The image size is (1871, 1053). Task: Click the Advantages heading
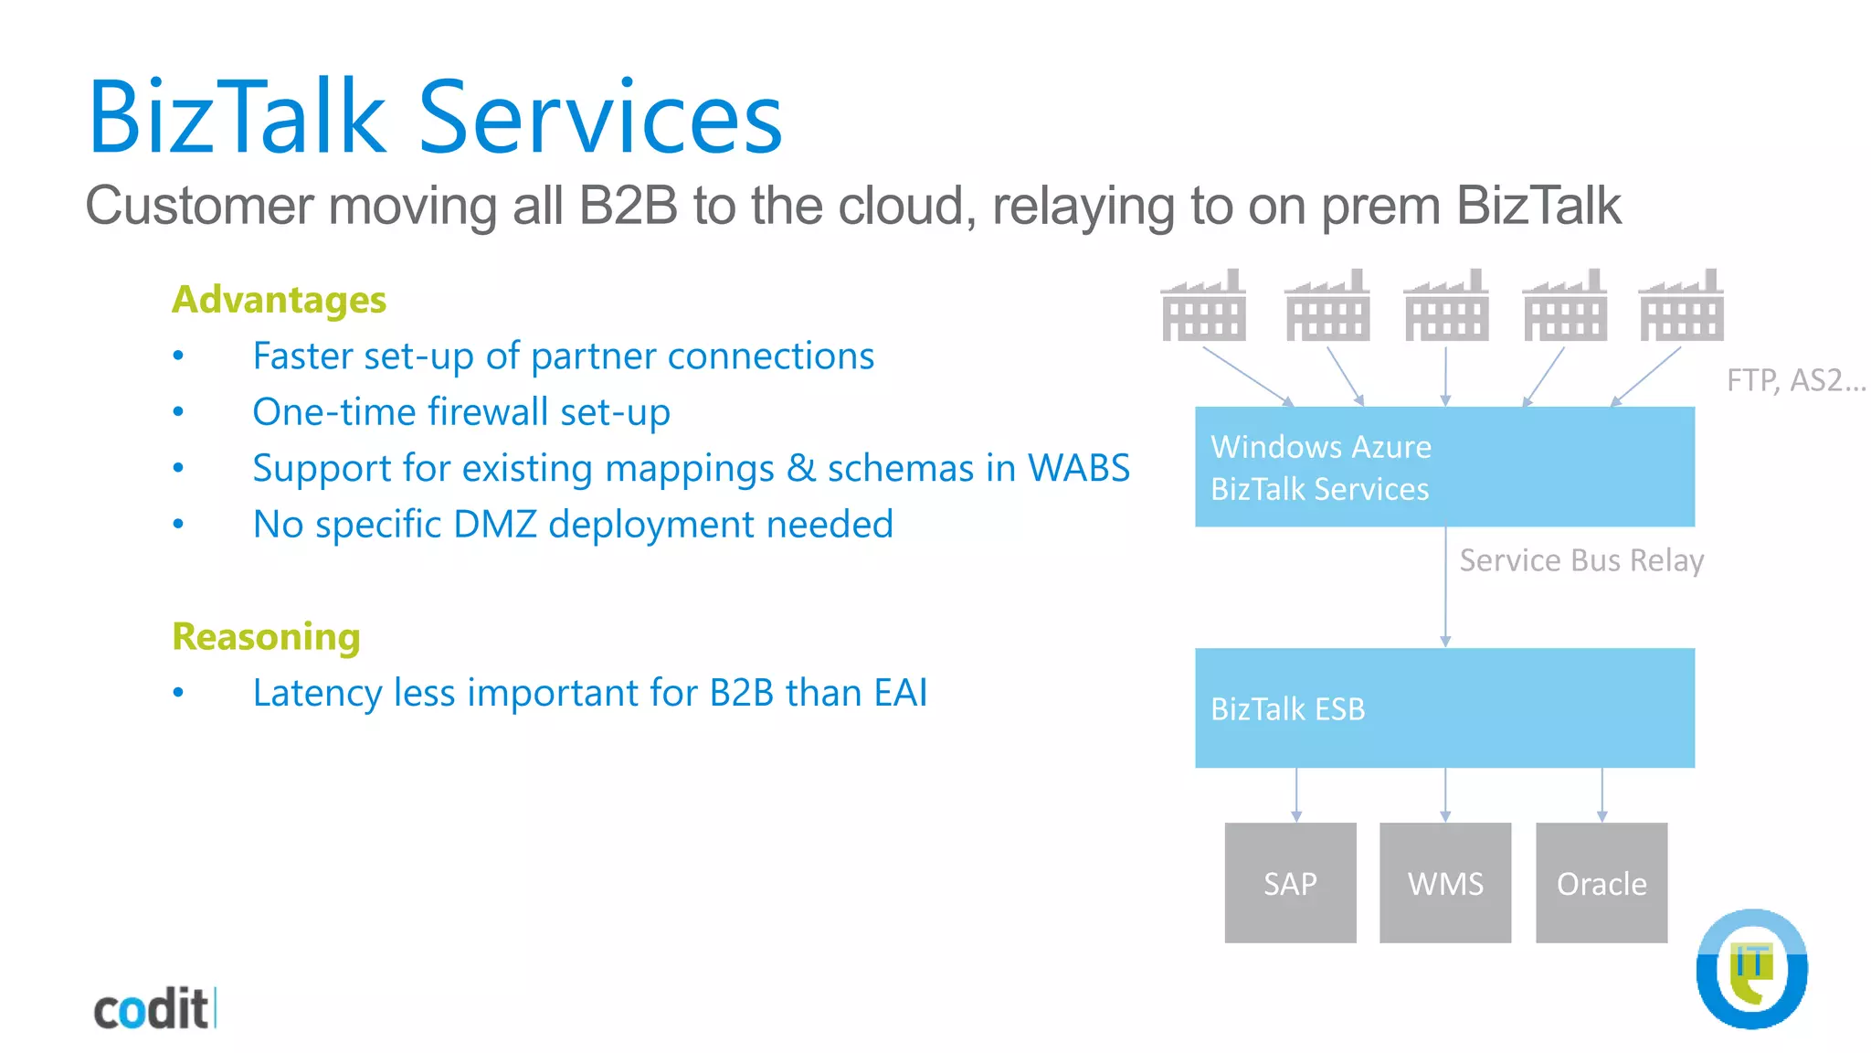click(279, 300)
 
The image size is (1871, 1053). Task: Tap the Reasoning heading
click(266, 636)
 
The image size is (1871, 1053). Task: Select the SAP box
click(1290, 882)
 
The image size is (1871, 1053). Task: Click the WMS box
click(1444, 882)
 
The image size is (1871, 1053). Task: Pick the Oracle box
click(1601, 882)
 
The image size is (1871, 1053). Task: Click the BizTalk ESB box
click(1443, 707)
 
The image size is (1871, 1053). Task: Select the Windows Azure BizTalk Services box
click(1443, 466)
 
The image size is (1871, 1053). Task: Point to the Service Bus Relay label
click(1580, 559)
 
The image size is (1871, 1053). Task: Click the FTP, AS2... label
click(1794, 379)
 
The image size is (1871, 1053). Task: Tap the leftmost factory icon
click(1203, 306)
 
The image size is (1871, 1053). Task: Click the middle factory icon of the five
click(1445, 306)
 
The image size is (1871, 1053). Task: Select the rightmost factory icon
click(1681, 306)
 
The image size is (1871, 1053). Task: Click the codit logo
click(153, 1009)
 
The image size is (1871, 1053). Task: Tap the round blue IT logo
click(1751, 969)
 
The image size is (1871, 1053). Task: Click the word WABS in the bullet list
click(1078, 468)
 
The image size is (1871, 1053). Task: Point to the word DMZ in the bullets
click(494, 524)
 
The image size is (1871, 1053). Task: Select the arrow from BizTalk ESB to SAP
click(1295, 794)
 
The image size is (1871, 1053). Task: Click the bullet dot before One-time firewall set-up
click(178, 412)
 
